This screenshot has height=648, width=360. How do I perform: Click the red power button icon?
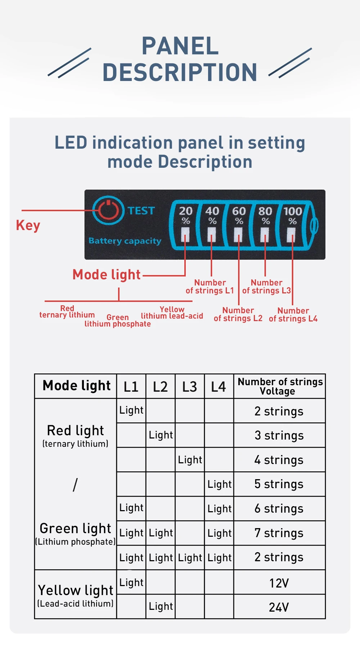(108, 210)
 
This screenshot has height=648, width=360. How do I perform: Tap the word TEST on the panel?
(141, 211)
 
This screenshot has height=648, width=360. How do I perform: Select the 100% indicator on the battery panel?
(292, 215)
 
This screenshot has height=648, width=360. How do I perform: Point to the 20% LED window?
(185, 234)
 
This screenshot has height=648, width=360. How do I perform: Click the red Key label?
(28, 225)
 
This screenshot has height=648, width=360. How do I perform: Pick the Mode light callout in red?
(107, 275)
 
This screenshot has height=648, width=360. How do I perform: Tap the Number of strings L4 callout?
(293, 315)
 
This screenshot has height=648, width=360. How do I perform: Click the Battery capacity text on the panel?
(125, 241)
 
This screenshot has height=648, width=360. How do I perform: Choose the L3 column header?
(190, 387)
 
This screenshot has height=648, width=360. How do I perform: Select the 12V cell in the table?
(279, 583)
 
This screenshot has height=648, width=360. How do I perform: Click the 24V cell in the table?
(279, 607)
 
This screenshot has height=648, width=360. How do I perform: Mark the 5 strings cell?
(279, 484)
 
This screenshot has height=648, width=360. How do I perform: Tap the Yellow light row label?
(76, 591)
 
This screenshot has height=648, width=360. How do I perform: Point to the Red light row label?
(76, 431)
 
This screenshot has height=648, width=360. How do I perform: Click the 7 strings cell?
(279, 533)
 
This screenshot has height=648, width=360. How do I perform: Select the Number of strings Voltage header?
(280, 386)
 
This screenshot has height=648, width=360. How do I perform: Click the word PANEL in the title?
(180, 46)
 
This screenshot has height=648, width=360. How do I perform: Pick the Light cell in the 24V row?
(161, 607)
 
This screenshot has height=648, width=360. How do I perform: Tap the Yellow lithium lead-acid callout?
(172, 313)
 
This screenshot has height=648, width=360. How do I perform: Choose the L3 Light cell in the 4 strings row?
(190, 460)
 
